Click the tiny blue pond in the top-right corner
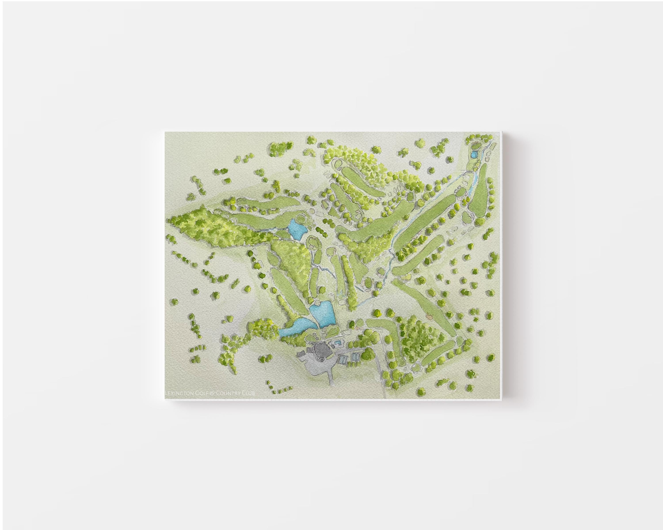(474, 154)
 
